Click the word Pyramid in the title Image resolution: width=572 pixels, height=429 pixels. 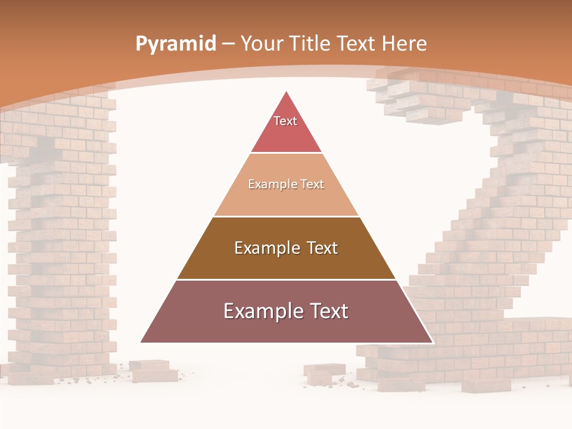(175, 44)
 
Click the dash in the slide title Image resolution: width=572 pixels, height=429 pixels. (228, 44)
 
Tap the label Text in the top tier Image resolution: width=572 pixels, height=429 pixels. (285, 121)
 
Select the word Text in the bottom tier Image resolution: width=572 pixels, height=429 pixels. (324, 311)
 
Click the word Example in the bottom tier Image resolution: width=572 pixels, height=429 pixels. (260, 312)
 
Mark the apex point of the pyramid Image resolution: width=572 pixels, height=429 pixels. (287, 92)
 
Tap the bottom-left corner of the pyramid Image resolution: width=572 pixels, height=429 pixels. (141, 342)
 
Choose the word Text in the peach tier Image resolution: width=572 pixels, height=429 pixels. (312, 185)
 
